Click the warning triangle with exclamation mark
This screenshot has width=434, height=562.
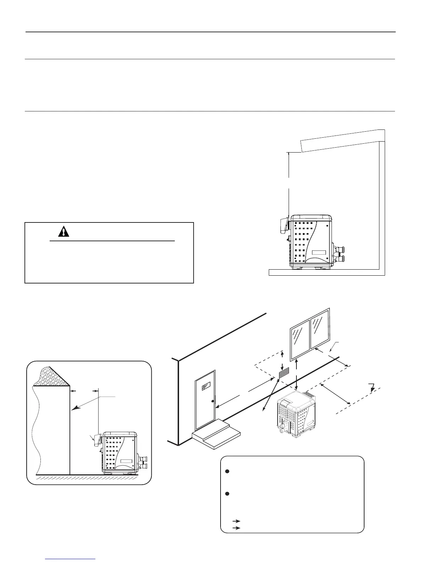pos(63,231)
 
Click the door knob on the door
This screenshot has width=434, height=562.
pos(212,401)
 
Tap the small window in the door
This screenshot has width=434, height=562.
pos(206,387)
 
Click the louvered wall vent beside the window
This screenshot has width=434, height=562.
pos(284,373)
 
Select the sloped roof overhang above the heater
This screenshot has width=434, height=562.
pos(342,140)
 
